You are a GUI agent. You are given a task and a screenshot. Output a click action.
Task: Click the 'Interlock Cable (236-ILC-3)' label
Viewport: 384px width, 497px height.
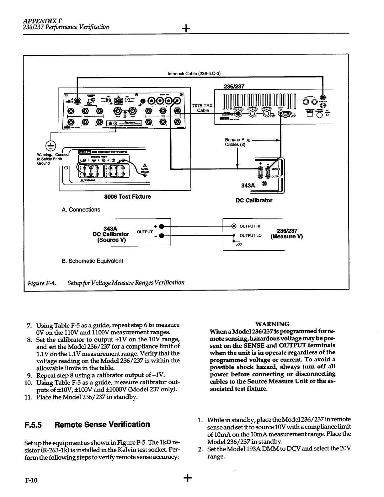[x=194, y=74]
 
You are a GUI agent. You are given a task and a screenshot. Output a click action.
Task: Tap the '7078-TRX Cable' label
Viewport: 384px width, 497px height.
[x=203, y=108]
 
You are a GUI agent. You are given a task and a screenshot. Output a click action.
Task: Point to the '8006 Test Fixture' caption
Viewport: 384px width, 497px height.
[x=127, y=197]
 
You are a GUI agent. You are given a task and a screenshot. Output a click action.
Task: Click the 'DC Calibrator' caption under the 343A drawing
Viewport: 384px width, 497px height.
[x=254, y=200]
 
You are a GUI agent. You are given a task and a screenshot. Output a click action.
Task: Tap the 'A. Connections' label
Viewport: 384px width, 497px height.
[x=81, y=210]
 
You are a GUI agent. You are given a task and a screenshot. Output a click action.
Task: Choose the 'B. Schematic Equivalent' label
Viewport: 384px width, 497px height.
[x=92, y=261]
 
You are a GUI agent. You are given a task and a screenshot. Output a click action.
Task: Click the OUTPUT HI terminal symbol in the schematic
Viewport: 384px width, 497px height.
[x=234, y=226]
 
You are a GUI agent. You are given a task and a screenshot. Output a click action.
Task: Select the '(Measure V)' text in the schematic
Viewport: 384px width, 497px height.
[x=286, y=237]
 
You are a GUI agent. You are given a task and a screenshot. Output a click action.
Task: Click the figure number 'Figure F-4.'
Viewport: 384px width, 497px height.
[x=42, y=283]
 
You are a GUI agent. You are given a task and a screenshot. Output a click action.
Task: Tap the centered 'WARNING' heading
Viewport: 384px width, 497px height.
[x=272, y=324]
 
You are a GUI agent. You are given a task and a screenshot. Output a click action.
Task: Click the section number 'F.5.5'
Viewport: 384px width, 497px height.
[x=34, y=425]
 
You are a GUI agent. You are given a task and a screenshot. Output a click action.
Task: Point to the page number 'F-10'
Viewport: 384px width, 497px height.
[x=31, y=480]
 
